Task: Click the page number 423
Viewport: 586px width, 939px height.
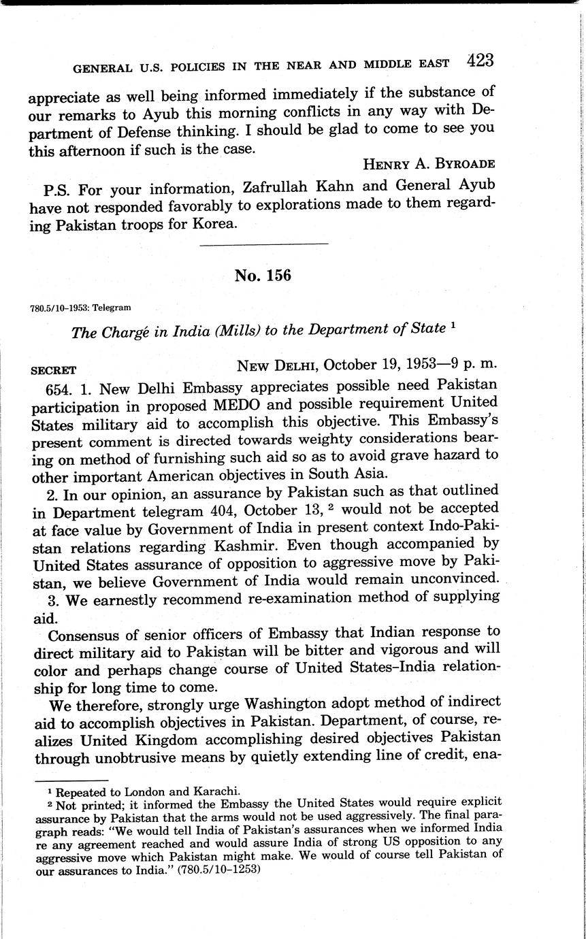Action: pos(480,60)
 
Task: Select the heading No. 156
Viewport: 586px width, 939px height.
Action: pos(263,276)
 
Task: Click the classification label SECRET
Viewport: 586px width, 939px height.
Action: pos(54,372)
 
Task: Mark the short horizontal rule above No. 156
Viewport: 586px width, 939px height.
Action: pos(265,243)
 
